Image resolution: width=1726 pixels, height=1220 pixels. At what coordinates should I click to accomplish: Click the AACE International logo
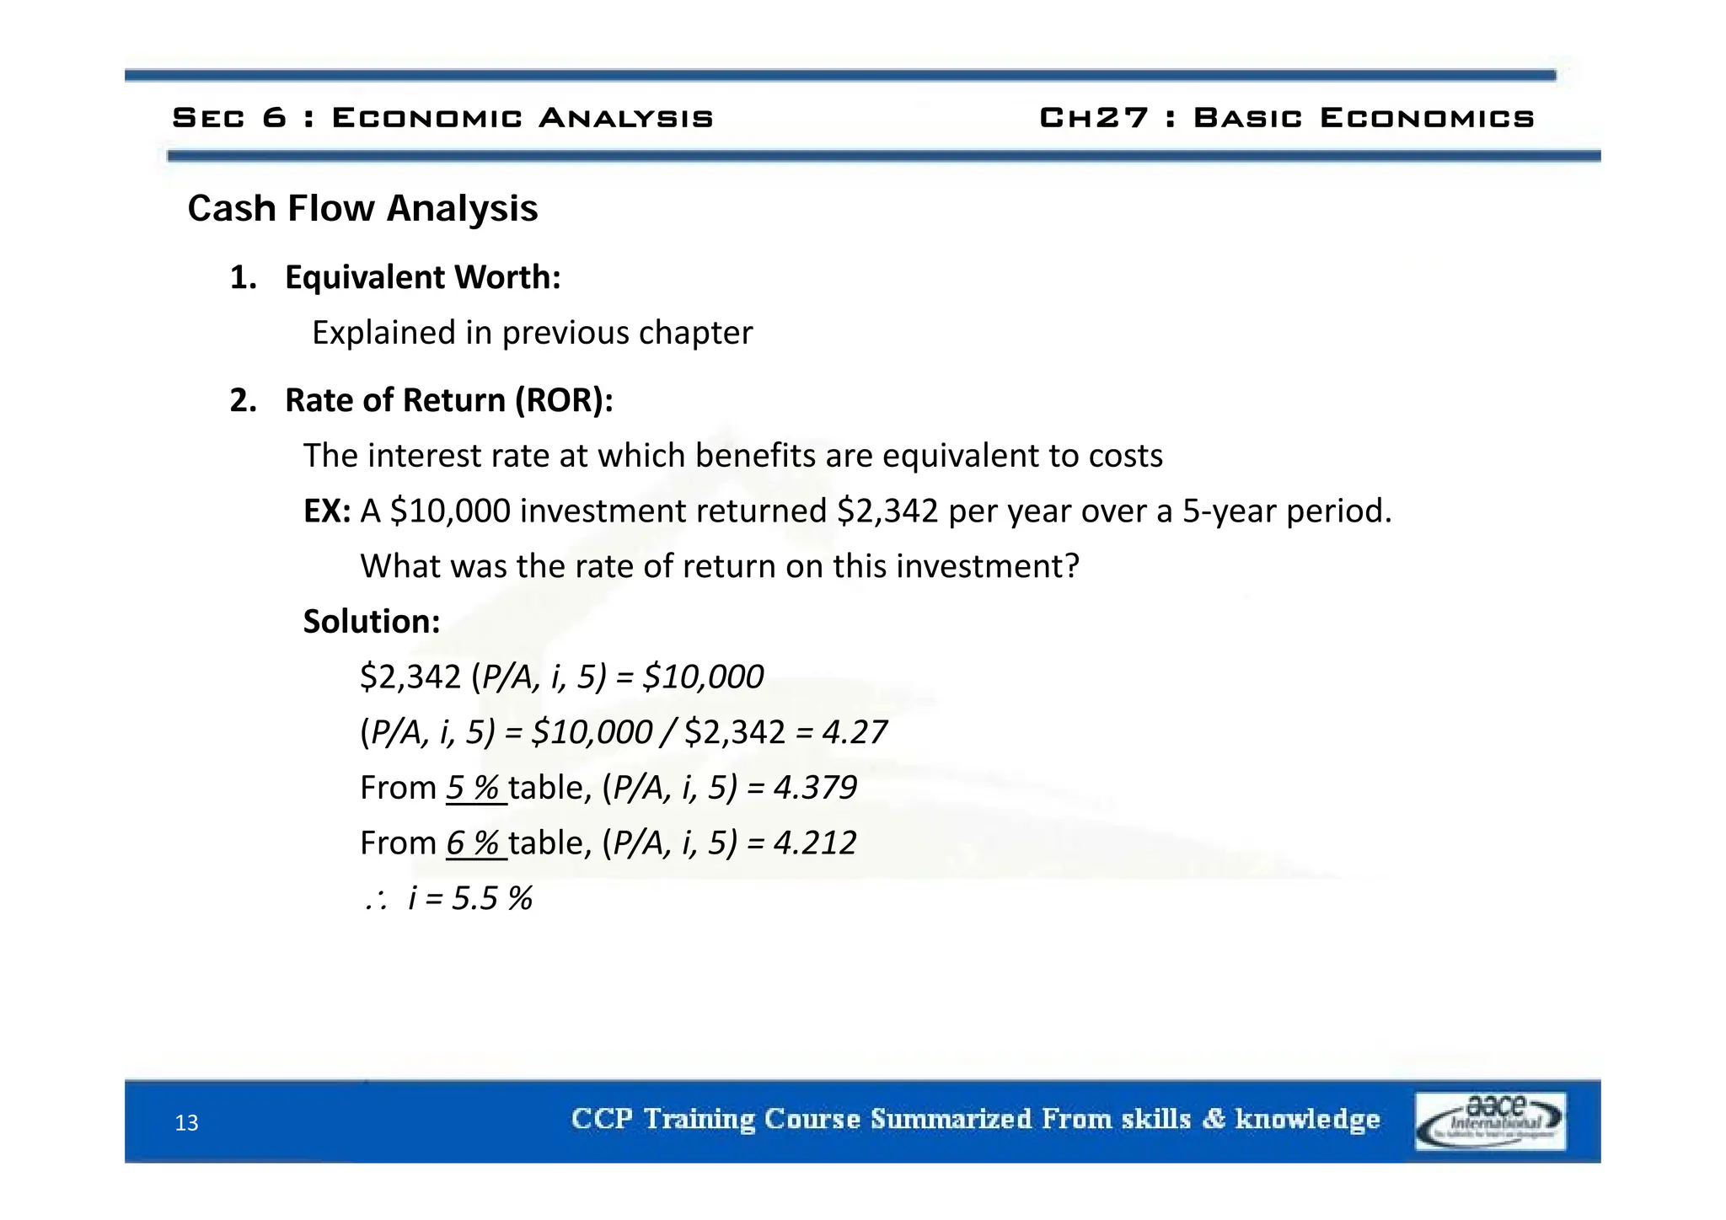(1489, 1121)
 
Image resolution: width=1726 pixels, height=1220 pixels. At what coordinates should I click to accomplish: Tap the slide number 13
(186, 1123)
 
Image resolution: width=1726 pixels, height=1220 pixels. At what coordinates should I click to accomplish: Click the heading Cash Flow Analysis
(362, 209)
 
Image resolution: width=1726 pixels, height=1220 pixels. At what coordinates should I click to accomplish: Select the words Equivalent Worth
(422, 277)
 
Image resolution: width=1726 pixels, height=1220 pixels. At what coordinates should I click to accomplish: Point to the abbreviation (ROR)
(564, 400)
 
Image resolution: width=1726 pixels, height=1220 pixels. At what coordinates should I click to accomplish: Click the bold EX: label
(327, 511)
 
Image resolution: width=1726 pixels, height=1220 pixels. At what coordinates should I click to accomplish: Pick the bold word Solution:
(372, 622)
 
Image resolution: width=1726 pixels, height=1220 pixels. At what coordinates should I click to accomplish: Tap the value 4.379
(815, 788)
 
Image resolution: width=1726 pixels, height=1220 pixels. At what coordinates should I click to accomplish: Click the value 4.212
(815, 843)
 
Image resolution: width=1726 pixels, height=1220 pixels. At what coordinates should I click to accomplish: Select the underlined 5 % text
(474, 788)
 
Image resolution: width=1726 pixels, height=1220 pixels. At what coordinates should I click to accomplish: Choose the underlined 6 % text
(474, 843)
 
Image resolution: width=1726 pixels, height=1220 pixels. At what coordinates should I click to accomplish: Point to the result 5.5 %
(492, 899)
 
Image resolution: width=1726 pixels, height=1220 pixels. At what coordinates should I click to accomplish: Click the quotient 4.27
(855, 732)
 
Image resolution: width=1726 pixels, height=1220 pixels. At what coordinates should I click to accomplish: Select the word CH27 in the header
(1094, 118)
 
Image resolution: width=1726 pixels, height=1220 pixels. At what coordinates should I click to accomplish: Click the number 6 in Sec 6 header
(274, 118)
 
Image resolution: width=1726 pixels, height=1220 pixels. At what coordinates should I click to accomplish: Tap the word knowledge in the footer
(1307, 1119)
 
